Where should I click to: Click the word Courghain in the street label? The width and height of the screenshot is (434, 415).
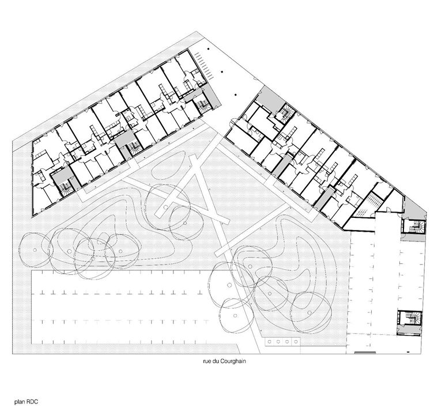233,361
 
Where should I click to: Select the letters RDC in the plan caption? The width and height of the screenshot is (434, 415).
32,402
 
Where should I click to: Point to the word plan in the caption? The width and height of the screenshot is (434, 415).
20,402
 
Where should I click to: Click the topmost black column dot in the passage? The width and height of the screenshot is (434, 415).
209,49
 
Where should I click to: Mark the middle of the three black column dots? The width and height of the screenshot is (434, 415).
222,72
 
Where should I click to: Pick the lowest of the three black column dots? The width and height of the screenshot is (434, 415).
236,95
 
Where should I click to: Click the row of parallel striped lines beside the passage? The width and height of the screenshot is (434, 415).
203,66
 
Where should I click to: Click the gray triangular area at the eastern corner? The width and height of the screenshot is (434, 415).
414,208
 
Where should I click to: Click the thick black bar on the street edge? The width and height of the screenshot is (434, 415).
365,352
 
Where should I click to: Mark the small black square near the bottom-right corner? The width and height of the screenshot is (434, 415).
409,352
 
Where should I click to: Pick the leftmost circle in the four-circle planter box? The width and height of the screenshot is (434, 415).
269,342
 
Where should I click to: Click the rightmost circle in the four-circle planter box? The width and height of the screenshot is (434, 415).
296,342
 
